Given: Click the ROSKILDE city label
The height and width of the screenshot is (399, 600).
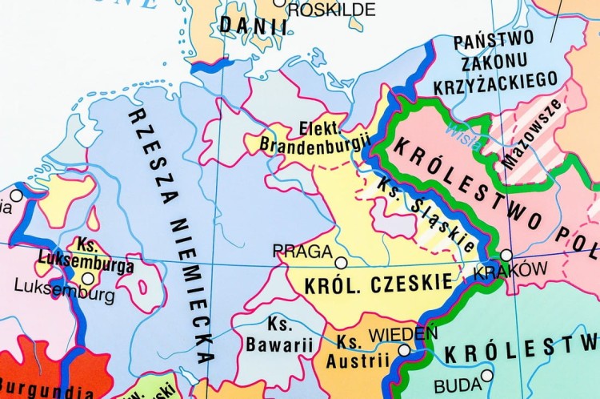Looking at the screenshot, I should (x=330, y=10).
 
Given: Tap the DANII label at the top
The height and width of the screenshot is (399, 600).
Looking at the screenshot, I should (x=254, y=25).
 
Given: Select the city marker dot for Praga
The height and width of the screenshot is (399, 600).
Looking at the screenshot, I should (x=341, y=263).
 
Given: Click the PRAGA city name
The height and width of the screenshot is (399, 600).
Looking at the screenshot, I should (x=302, y=252).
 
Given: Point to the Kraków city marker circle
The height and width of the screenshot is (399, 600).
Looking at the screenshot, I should (x=506, y=256).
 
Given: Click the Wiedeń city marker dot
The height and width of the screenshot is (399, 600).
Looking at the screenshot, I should (x=404, y=350).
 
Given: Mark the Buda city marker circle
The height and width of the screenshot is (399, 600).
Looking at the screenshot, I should (x=486, y=375).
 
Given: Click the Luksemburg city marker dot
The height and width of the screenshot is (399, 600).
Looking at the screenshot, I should (x=87, y=279).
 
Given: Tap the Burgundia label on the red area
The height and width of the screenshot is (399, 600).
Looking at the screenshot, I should (x=48, y=392).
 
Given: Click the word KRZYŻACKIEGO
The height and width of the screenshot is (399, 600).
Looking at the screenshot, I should (x=494, y=79).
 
